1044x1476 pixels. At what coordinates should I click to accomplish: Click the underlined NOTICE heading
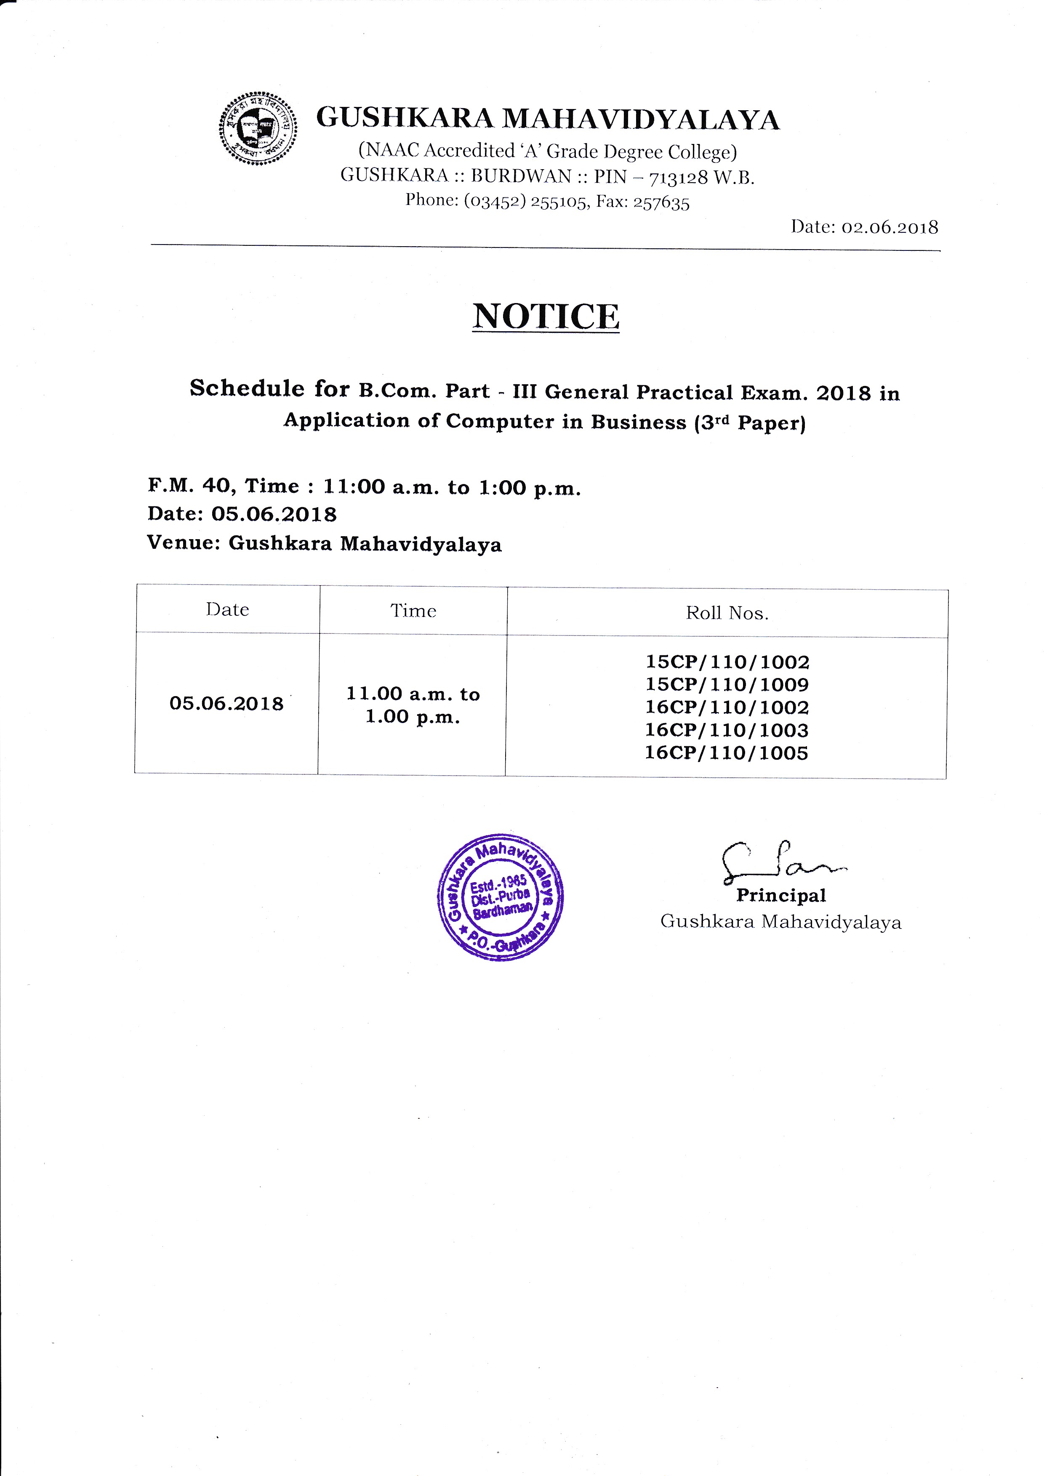tap(546, 316)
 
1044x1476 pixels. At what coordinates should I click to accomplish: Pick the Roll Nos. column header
tap(727, 613)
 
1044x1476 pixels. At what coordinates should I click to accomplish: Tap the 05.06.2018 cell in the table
tap(226, 703)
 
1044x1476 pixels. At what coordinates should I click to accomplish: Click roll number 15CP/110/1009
tap(727, 685)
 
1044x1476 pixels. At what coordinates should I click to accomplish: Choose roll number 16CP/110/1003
tap(727, 730)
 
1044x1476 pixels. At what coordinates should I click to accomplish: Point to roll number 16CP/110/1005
tap(727, 753)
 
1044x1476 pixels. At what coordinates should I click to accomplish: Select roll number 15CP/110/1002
tap(727, 662)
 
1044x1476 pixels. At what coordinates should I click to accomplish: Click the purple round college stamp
tap(500, 897)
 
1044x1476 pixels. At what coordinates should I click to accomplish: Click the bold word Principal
tap(781, 896)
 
